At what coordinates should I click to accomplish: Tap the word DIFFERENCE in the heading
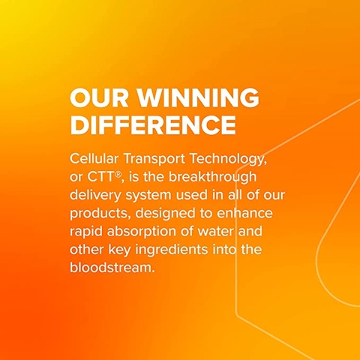(x=152, y=124)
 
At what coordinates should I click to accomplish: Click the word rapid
(x=86, y=231)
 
